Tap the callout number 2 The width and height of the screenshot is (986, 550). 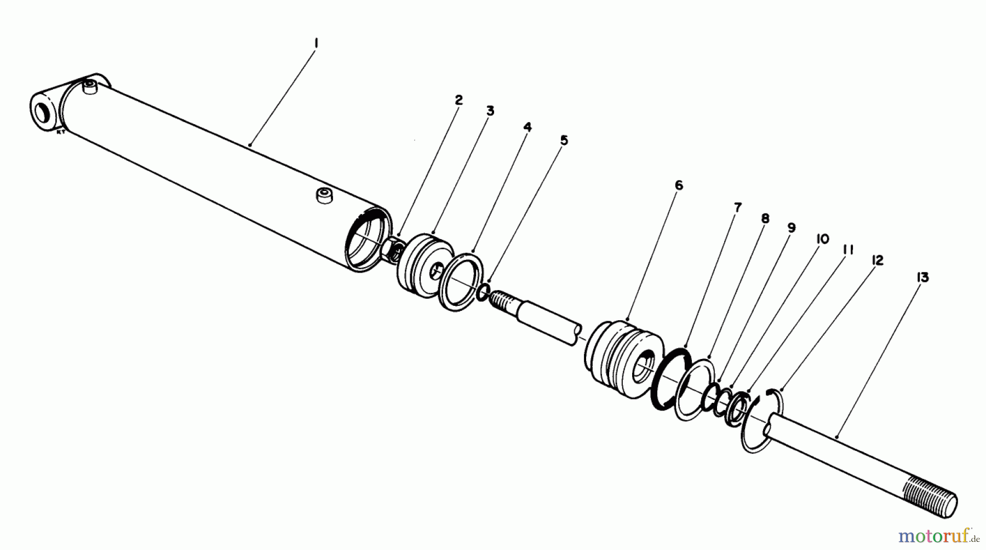click(x=458, y=100)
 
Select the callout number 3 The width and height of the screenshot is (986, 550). click(x=490, y=111)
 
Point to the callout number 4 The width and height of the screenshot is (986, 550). click(x=527, y=128)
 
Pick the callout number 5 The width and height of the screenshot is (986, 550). click(x=564, y=141)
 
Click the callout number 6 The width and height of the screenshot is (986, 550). click(x=679, y=186)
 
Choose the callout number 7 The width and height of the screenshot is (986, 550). click(x=738, y=207)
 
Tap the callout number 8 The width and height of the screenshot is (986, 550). click(x=765, y=218)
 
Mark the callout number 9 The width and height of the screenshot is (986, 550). click(x=791, y=228)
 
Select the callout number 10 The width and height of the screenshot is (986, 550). click(x=822, y=239)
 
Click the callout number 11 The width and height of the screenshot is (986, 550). click(x=849, y=250)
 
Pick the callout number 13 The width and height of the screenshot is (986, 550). click(x=922, y=278)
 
